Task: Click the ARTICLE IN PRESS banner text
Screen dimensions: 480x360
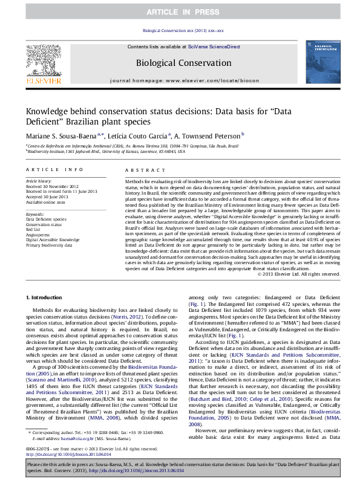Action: pos(180,11)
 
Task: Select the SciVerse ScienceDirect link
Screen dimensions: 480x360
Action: pos(214,47)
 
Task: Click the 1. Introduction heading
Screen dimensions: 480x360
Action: pos(44,298)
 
